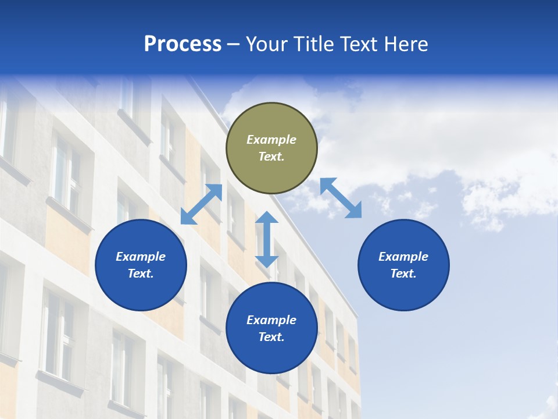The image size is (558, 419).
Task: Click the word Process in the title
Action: click(183, 44)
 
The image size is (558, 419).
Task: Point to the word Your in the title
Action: click(266, 44)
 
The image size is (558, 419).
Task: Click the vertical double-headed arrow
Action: click(267, 239)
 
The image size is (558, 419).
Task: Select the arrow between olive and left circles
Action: click(201, 204)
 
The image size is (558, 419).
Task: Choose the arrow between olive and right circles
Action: click(341, 198)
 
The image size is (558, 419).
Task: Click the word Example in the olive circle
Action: click(271, 140)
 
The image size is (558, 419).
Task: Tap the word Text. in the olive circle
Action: click(271, 157)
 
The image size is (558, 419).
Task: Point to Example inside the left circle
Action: click(141, 257)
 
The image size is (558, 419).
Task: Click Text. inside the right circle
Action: click(403, 274)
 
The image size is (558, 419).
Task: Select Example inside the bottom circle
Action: click(271, 320)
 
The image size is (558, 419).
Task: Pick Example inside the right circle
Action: click(403, 257)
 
